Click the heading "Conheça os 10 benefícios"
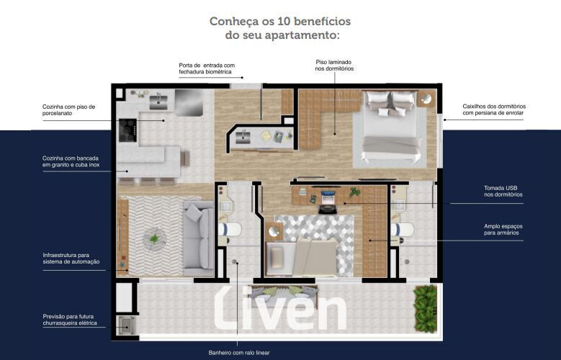tap(280, 22)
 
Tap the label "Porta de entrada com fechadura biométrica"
tap(207, 68)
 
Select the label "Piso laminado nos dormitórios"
tap(334, 65)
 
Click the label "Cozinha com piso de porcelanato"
tap(68, 110)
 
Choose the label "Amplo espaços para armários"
tap(503, 230)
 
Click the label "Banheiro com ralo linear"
tap(239, 353)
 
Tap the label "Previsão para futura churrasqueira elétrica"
tap(70, 320)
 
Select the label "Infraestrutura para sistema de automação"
tap(71, 258)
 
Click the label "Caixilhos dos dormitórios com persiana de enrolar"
tap(494, 109)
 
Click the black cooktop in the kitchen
tap(127, 130)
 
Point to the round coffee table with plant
tap(155, 238)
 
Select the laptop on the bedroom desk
tap(328, 197)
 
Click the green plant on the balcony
tap(426, 308)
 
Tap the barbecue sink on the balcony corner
tap(126, 325)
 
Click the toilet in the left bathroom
tap(230, 230)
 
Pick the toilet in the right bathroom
tap(402, 230)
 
